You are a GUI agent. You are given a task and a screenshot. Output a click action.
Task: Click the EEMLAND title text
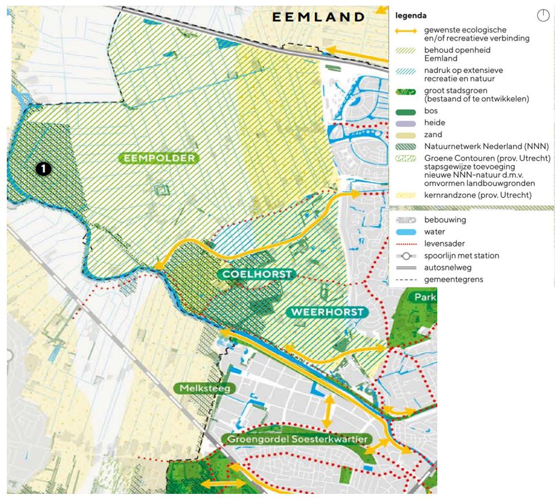click(x=318, y=17)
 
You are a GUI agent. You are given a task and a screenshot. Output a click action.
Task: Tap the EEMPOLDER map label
click(x=158, y=158)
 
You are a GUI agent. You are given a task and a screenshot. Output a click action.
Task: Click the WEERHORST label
click(x=327, y=312)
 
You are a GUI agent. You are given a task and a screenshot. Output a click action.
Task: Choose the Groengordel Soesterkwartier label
click(x=296, y=439)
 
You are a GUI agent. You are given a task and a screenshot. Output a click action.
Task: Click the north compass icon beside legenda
click(x=543, y=15)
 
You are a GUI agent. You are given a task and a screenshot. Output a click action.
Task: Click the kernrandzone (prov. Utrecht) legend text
click(x=474, y=195)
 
